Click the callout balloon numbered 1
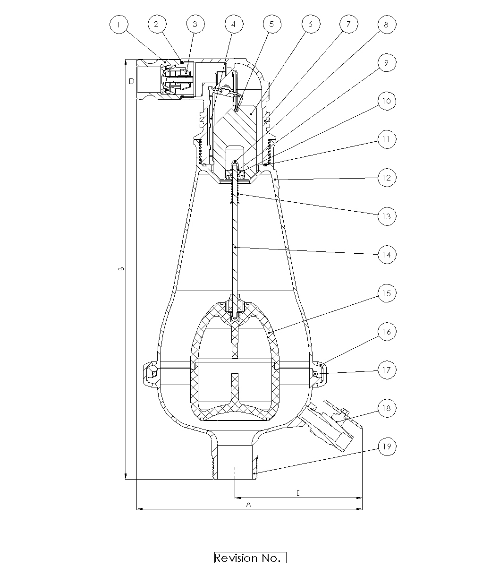119,25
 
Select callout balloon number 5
272,24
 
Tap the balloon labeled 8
387,25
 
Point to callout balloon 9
387,63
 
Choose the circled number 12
387,178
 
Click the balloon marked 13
387,216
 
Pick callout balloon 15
387,293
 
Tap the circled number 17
387,370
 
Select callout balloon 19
387,447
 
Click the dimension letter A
248,504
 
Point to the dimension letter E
298,493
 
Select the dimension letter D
132,81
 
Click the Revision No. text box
250,558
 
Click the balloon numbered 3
195,24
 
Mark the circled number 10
387,101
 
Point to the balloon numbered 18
387,408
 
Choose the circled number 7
349,24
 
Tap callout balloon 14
387,255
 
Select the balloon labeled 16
387,332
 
